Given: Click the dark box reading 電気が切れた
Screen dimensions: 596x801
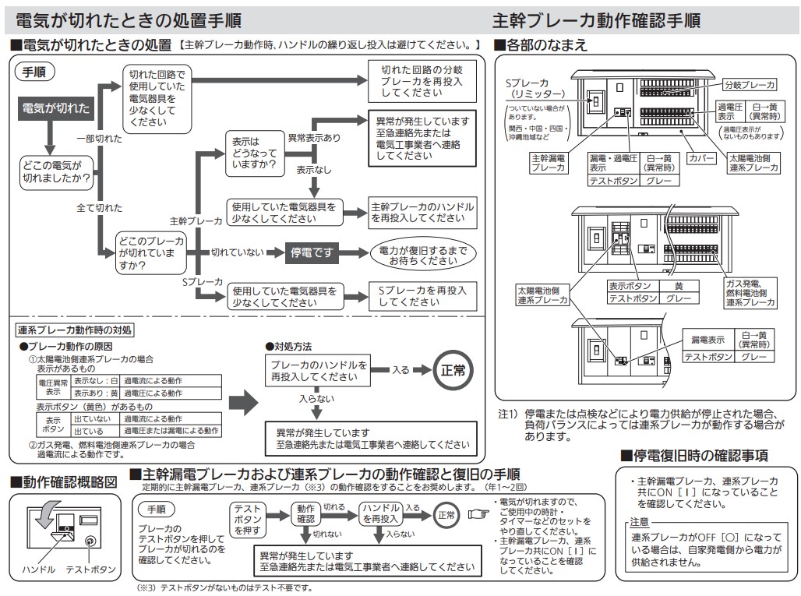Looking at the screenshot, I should (x=56, y=108).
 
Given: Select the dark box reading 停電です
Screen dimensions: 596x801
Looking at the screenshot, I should (x=312, y=252).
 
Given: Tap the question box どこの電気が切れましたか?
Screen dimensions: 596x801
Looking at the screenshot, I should (x=55, y=172).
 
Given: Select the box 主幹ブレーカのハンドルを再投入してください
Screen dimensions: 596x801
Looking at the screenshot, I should (x=422, y=213).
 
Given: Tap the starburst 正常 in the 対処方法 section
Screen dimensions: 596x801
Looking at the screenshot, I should (x=453, y=370).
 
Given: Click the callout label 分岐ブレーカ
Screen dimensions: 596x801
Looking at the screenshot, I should (x=748, y=84).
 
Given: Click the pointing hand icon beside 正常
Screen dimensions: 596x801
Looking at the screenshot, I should (x=477, y=514).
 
